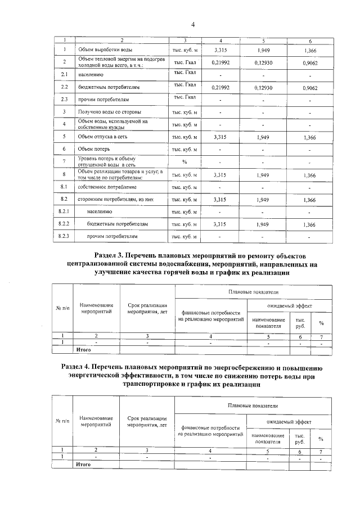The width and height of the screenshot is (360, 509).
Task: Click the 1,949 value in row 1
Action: pyautogui.click(x=264, y=51)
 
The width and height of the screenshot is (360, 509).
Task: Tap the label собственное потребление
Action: pyautogui.click(x=106, y=187)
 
